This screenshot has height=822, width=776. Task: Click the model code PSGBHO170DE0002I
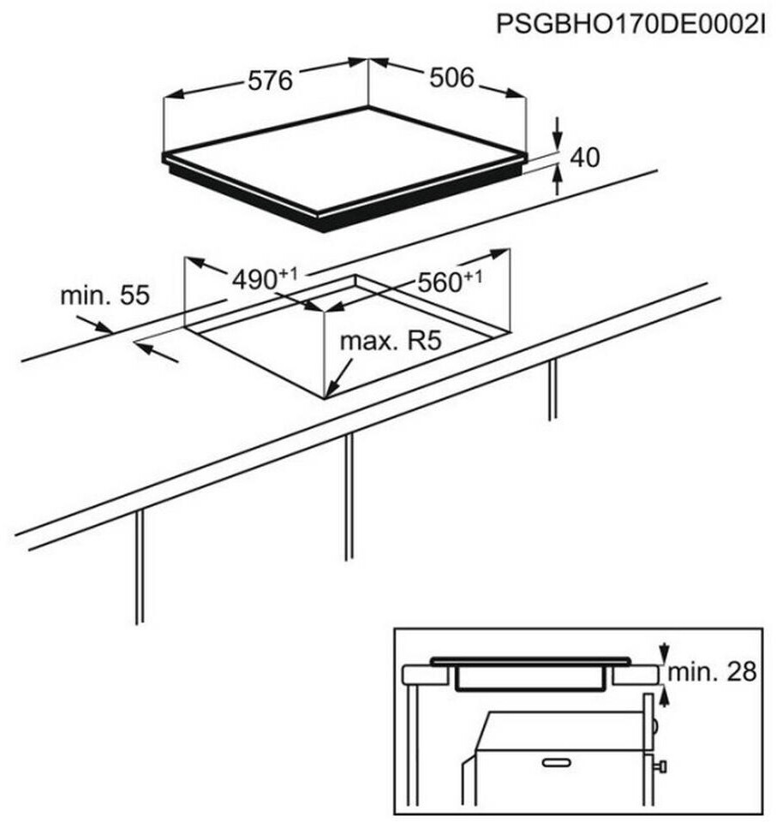click(x=630, y=23)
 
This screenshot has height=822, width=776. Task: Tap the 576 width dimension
click(x=270, y=80)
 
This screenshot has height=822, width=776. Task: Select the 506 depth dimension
click(x=451, y=78)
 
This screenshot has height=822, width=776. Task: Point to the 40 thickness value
click(x=584, y=157)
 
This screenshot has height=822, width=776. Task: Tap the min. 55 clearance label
click(x=104, y=296)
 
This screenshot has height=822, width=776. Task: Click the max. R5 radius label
click(x=390, y=342)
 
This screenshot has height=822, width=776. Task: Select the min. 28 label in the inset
click(x=713, y=672)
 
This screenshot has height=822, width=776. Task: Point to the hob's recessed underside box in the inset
click(x=528, y=682)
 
